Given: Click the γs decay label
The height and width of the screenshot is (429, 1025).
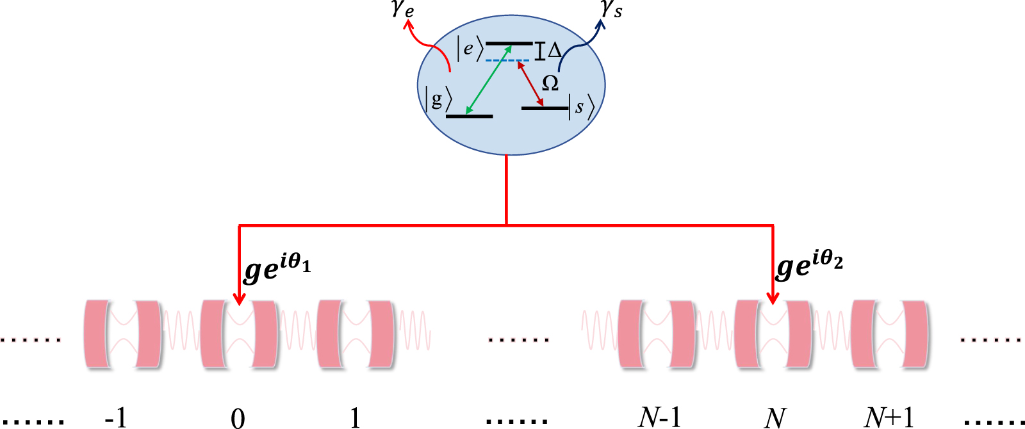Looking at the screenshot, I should tap(611, 9).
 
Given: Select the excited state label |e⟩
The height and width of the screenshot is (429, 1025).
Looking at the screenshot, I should tap(470, 49).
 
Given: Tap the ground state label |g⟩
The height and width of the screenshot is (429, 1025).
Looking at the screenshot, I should tap(438, 100).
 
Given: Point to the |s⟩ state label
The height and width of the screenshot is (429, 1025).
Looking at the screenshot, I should tap(581, 107).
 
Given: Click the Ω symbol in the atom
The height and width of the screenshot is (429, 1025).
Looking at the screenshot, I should tap(550, 83).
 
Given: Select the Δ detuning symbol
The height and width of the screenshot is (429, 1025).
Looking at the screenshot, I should tap(555, 50).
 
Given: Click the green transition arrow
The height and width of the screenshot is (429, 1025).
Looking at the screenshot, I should tap(489, 80).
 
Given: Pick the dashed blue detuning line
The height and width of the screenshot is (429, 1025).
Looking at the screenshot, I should tap(507, 60).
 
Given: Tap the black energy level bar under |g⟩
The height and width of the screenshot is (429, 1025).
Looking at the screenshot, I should tap(469, 116).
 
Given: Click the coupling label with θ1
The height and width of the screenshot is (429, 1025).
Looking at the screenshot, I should tap(277, 267).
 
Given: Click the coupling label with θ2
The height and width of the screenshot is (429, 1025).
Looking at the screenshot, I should tap(809, 266).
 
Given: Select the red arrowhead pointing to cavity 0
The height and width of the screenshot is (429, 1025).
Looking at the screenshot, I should tap(239, 298).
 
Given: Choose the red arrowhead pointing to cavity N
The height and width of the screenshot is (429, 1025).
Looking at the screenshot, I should tap(773, 298).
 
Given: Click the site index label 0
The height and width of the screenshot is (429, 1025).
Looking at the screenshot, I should tap(238, 418).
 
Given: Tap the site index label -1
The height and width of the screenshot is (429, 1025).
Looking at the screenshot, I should tap(116, 418).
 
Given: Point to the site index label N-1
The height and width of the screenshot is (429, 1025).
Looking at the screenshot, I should tap(659, 417).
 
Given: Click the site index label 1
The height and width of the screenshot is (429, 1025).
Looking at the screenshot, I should tap(355, 418).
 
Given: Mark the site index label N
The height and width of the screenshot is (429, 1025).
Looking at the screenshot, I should tap(775, 418).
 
